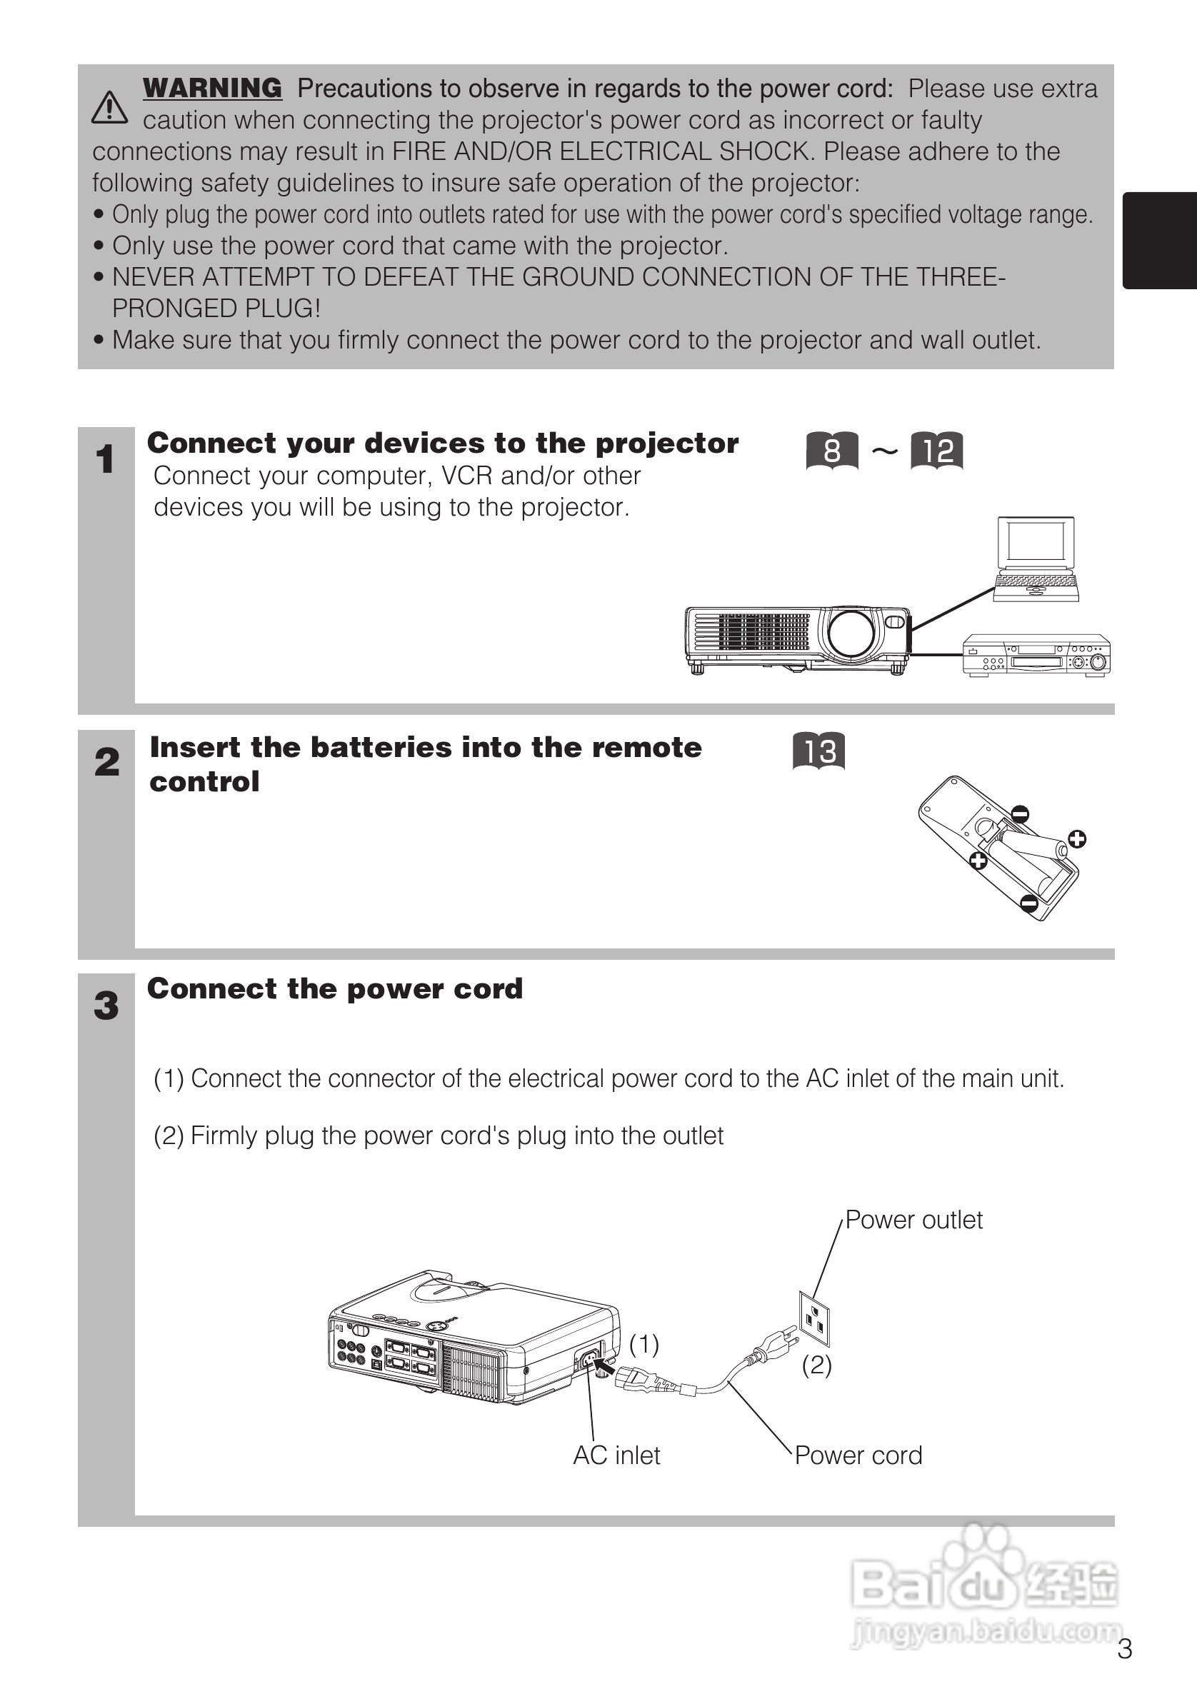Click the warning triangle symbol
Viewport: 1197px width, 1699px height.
click(109, 107)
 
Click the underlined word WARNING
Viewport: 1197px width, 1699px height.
click(212, 88)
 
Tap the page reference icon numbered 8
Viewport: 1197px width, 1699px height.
click(831, 451)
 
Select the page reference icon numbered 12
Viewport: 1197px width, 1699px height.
click(936, 451)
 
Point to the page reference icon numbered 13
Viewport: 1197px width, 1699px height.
click(819, 751)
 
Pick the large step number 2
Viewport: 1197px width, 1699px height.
click(106, 762)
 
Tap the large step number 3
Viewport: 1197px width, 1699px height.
click(106, 1006)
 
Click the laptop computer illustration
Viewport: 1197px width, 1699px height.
click(1036, 558)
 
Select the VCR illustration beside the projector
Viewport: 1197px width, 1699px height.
click(1036, 656)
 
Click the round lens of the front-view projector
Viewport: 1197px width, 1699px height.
click(851, 633)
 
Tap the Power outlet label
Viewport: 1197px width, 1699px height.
click(913, 1220)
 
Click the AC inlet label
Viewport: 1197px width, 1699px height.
click(616, 1455)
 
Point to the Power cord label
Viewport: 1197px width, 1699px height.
click(858, 1455)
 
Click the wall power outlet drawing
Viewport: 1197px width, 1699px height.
click(813, 1318)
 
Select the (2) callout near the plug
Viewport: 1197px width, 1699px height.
click(817, 1365)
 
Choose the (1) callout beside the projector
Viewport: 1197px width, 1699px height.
click(643, 1344)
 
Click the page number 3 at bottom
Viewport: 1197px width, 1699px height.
click(1124, 1649)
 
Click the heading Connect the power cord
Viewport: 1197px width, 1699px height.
click(334, 988)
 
